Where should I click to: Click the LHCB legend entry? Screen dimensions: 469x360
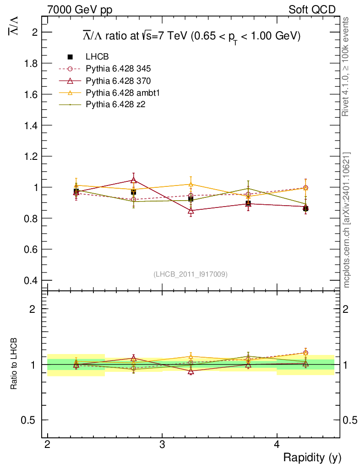coord(96,57)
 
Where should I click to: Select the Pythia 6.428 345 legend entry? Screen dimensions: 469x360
coord(118,69)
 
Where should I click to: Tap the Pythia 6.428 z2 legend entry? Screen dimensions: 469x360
coord(115,104)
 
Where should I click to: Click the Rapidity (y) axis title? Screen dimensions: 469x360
coord(312,458)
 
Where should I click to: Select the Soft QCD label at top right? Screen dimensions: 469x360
coord(312,10)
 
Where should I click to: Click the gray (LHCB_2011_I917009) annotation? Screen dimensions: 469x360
coord(191,274)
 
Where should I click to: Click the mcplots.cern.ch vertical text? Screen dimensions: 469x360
coord(346,220)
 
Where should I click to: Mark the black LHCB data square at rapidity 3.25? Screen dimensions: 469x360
coord(191,199)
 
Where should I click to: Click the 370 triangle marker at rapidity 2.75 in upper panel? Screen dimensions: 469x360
coord(133,180)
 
